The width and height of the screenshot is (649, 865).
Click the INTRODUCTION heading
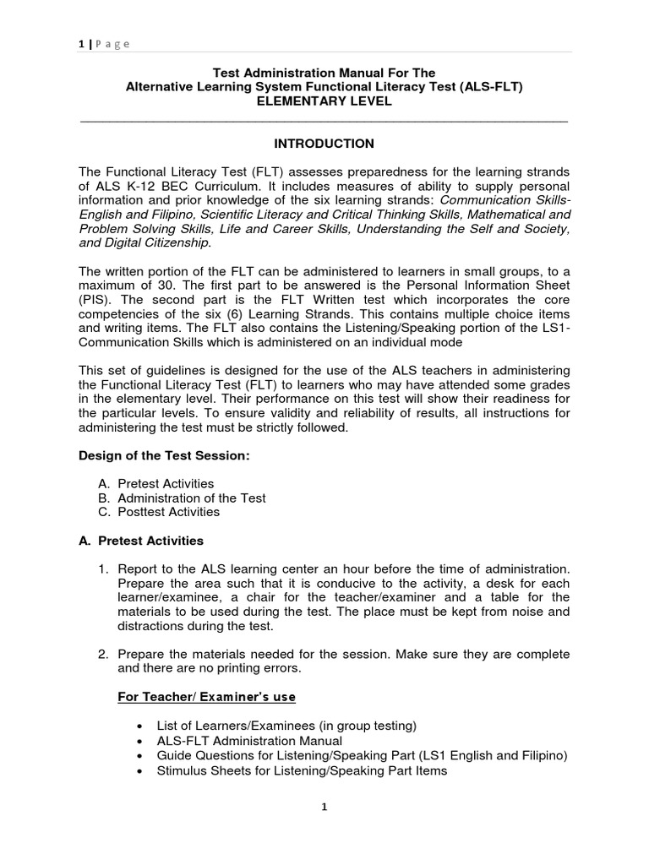324,144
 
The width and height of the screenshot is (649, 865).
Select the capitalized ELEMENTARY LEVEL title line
324,102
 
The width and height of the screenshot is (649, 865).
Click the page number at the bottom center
324,807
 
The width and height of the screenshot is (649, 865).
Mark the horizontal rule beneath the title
324,122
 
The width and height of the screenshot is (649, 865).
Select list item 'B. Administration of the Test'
183,498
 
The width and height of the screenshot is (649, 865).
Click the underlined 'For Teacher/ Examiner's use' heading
205,697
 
